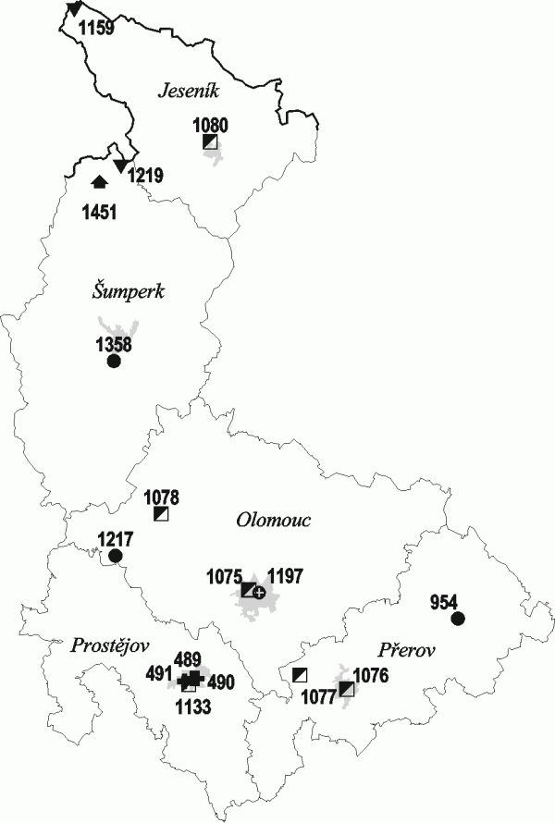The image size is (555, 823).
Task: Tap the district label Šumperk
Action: (128, 291)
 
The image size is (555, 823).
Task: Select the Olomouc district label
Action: (272, 520)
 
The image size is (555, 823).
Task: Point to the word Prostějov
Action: (110, 645)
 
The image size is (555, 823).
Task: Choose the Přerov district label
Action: (406, 650)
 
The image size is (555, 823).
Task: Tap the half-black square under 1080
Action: (211, 141)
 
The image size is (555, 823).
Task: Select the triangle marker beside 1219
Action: (119, 166)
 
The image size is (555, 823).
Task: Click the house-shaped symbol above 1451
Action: (100, 181)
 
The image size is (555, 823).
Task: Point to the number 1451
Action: (98, 213)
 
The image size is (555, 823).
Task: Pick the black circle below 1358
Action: (114, 362)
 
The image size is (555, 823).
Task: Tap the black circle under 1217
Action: (115, 556)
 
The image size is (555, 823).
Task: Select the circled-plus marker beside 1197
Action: (260, 592)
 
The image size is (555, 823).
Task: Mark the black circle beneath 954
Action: (456, 619)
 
